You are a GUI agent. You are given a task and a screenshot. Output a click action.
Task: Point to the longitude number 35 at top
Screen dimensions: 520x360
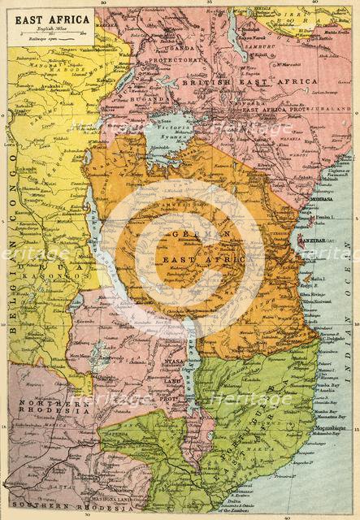[x=210, y=4]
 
